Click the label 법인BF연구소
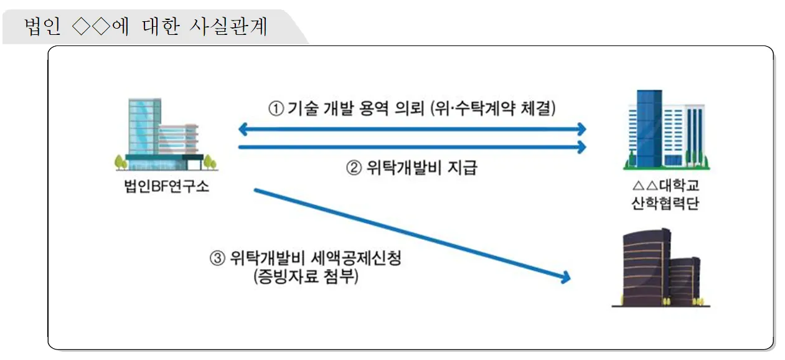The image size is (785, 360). point(166,185)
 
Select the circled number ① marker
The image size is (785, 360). point(276,108)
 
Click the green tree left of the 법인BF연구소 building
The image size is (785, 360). point(120,162)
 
